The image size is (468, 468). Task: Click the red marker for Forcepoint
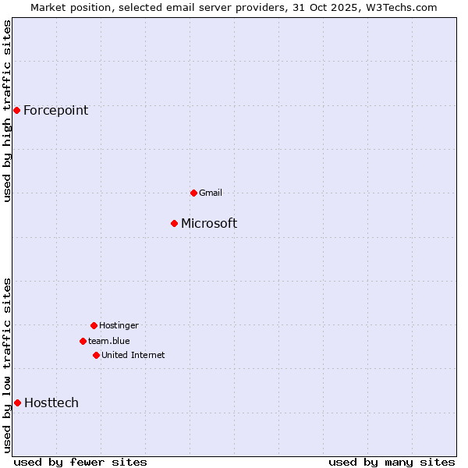pos(16,110)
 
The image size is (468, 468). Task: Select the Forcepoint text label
pos(55,110)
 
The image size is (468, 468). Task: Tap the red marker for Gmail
pos(193,193)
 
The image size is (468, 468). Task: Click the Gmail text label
pos(211,193)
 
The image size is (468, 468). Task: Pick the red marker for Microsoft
pos(174,223)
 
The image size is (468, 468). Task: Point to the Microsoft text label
pos(209,223)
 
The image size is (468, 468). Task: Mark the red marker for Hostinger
pos(94,325)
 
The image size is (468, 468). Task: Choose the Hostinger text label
pos(119,325)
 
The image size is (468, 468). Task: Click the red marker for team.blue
pos(83,341)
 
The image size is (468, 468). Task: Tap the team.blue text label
pos(109,341)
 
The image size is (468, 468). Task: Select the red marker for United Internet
pos(96,355)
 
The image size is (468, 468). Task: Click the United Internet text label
pos(133,355)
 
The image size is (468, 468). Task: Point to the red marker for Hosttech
pos(17,402)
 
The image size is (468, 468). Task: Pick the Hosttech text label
pos(51,402)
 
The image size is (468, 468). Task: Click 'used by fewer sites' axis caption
pos(80,462)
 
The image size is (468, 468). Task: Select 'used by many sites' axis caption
pos(392,462)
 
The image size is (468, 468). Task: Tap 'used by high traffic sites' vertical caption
pos(7,111)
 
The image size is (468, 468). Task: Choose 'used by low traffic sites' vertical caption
pos(7,365)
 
